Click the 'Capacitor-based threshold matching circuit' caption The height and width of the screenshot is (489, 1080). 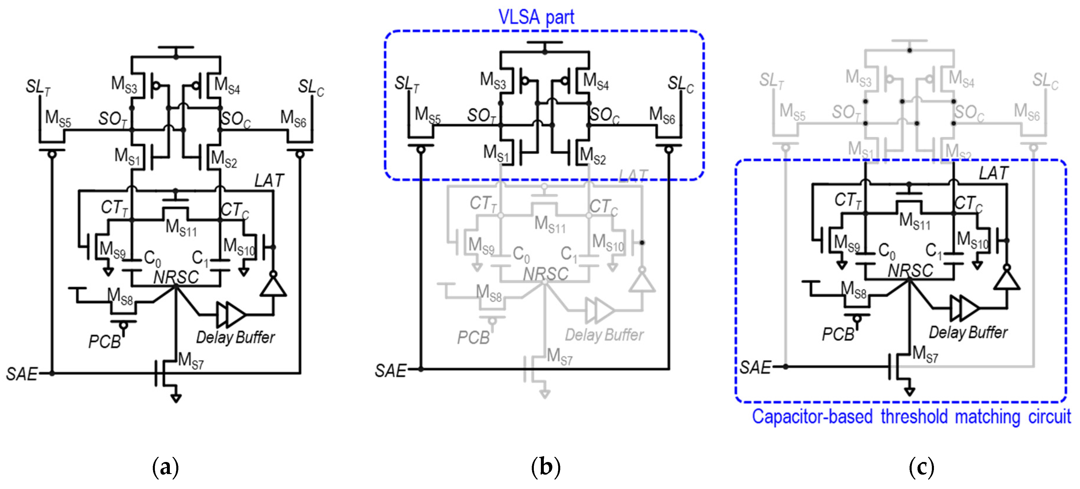(911, 417)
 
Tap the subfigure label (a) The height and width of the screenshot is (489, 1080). (166, 467)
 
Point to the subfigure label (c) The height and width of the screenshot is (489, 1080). (921, 467)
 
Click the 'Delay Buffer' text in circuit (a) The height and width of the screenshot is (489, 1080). (235, 337)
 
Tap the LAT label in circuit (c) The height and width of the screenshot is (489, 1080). (993, 173)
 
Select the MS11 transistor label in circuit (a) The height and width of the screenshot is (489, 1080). (181, 228)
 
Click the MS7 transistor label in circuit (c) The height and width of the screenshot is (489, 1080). (925, 354)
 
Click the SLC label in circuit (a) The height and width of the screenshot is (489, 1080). (311, 87)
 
